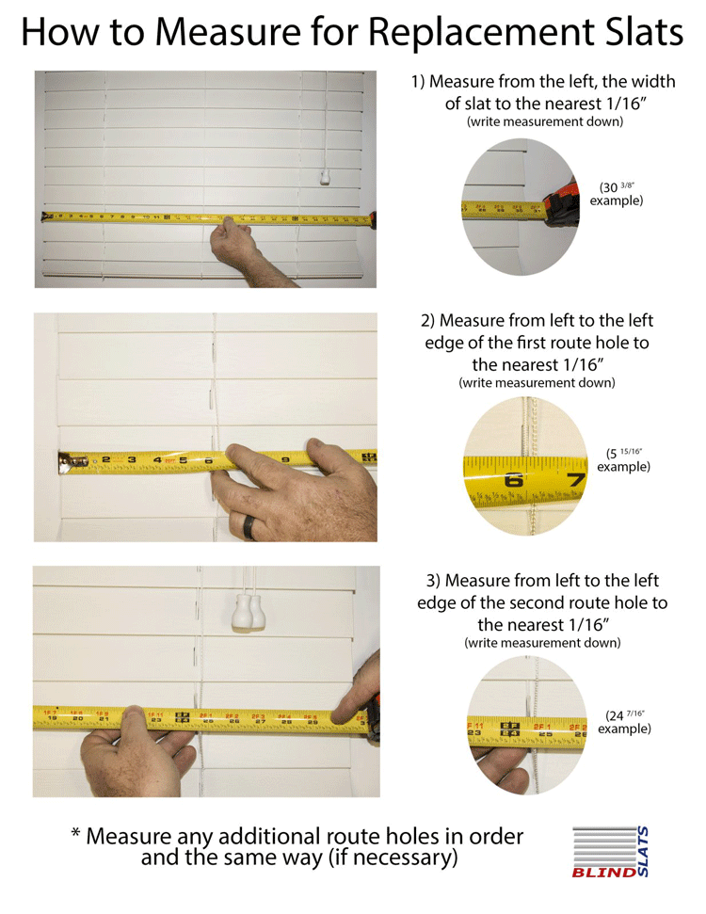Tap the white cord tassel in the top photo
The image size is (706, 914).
(323, 176)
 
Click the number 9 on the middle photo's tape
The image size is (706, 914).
(285, 459)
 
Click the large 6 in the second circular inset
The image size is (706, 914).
(514, 479)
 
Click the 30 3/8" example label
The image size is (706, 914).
(617, 194)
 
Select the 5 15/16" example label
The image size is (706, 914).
(623, 459)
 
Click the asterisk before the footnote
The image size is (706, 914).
(75, 835)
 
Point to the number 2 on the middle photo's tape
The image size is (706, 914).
(106, 459)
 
